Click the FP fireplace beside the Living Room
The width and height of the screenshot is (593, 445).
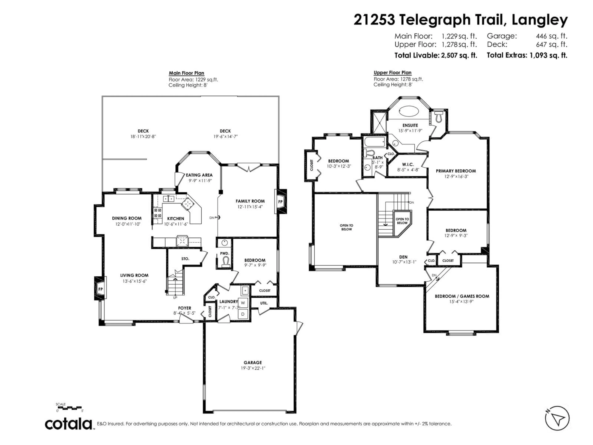[100, 289]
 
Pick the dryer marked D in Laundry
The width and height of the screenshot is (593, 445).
[243, 314]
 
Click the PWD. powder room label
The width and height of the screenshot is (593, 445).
[225, 253]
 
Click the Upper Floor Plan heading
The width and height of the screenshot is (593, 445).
[392, 72]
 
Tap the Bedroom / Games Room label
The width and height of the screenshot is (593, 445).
[462, 296]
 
